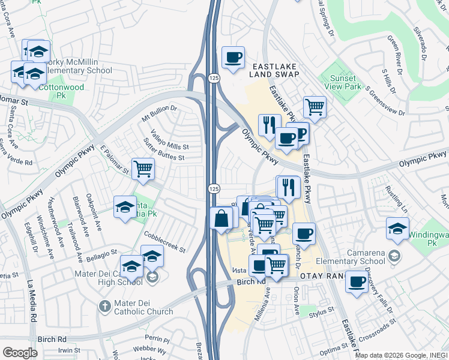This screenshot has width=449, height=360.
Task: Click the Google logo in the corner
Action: [20, 353]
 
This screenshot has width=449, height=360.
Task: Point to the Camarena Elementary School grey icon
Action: [394, 256]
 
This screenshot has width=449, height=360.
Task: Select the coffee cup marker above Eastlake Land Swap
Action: [233, 58]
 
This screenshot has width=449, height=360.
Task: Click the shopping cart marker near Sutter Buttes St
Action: [143, 169]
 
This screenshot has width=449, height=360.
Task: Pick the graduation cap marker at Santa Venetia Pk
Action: [125, 208]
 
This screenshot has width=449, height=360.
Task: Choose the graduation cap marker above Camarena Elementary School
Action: [397, 229]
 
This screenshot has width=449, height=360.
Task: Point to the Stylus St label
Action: [322, 312]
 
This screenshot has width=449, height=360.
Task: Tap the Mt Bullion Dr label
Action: [160, 112]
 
